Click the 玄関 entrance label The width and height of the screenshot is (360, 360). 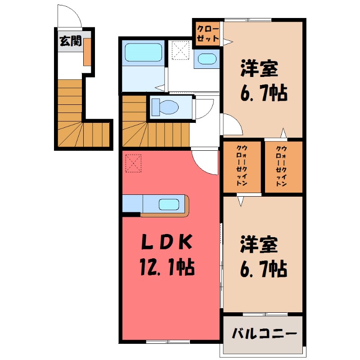pos(71,42)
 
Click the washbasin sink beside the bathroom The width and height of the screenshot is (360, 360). pos(207,59)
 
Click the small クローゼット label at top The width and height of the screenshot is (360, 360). pos(208,33)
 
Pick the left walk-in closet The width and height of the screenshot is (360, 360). pos(242,166)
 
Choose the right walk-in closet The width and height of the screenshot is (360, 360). pos(282,166)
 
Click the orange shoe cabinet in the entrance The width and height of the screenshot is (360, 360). pos(87,52)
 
